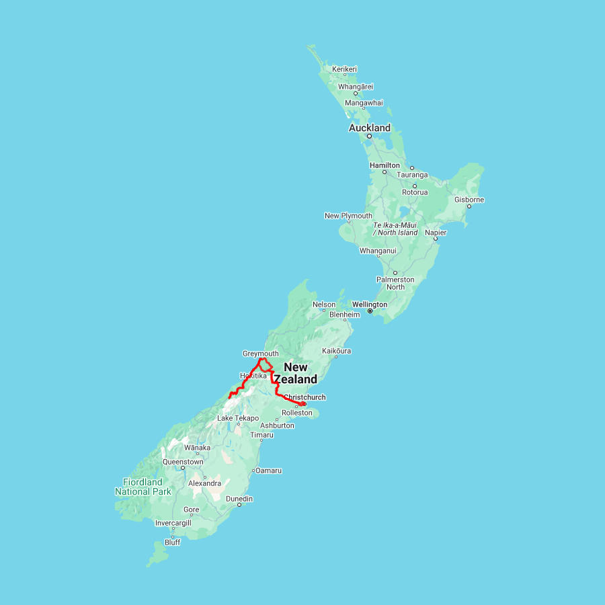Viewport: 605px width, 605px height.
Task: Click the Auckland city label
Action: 369,128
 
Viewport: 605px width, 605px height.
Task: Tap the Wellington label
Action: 369,305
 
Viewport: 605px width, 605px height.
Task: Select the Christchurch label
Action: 305,397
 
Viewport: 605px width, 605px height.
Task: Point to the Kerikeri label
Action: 344,69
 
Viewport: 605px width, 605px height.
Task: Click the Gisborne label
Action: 469,200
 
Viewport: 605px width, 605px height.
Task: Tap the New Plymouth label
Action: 348,216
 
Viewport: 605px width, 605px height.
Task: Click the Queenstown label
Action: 184,462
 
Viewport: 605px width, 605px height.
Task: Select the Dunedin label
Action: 239,499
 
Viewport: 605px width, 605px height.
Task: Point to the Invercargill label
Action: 173,523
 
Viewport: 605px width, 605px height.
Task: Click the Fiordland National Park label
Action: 143,487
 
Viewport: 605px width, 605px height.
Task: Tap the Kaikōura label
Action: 337,351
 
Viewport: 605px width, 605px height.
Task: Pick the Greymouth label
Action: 260,354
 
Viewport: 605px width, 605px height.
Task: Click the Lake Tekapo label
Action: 237,418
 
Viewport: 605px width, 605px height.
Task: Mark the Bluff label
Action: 173,542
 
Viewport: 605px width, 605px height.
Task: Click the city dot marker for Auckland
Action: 369,136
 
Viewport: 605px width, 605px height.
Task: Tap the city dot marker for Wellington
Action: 370,311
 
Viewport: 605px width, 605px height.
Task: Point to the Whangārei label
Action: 356,87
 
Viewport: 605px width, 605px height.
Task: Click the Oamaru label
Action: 268,471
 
